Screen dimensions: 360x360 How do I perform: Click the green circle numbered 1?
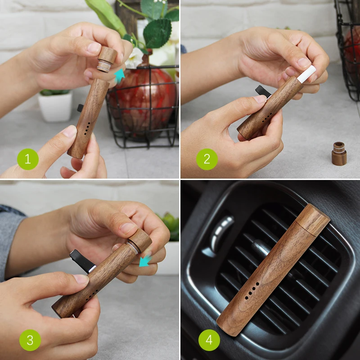coord(28,159)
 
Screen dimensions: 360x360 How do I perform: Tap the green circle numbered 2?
coord(207,159)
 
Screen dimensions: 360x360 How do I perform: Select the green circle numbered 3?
coord(30,340)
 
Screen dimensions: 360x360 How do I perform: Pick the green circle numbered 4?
coord(209,340)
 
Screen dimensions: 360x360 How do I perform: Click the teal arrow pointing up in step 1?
coord(119,76)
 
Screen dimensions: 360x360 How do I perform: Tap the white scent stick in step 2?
coord(306,74)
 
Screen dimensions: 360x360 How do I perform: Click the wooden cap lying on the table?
coord(339,153)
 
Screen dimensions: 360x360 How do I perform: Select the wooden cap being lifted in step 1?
coord(107,59)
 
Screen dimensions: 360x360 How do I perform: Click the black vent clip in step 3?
coord(82,261)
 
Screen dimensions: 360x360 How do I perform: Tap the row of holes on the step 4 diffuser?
coord(252,290)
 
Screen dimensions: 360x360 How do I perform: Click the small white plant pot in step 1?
coord(55,106)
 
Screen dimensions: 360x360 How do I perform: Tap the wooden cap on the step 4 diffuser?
coord(313,220)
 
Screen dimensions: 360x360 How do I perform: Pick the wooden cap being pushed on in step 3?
coord(139,241)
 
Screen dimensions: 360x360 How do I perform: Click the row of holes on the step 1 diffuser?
coord(87,128)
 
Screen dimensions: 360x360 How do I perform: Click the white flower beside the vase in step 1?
coord(135,58)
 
